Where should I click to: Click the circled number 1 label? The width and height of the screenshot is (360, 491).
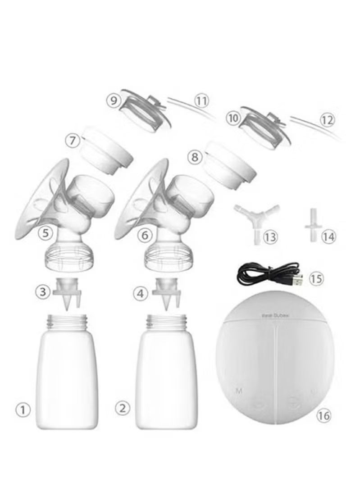pyautogui.click(x=23, y=410)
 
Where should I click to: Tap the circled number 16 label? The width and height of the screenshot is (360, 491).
pyautogui.click(x=323, y=415)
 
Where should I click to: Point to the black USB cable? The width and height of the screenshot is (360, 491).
pyautogui.click(x=266, y=274)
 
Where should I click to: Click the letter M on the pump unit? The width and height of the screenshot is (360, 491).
pyautogui.click(x=238, y=391)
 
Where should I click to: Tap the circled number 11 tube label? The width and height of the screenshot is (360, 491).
pyautogui.click(x=202, y=100)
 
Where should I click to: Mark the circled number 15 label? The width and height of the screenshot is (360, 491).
pyautogui.click(x=316, y=279)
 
